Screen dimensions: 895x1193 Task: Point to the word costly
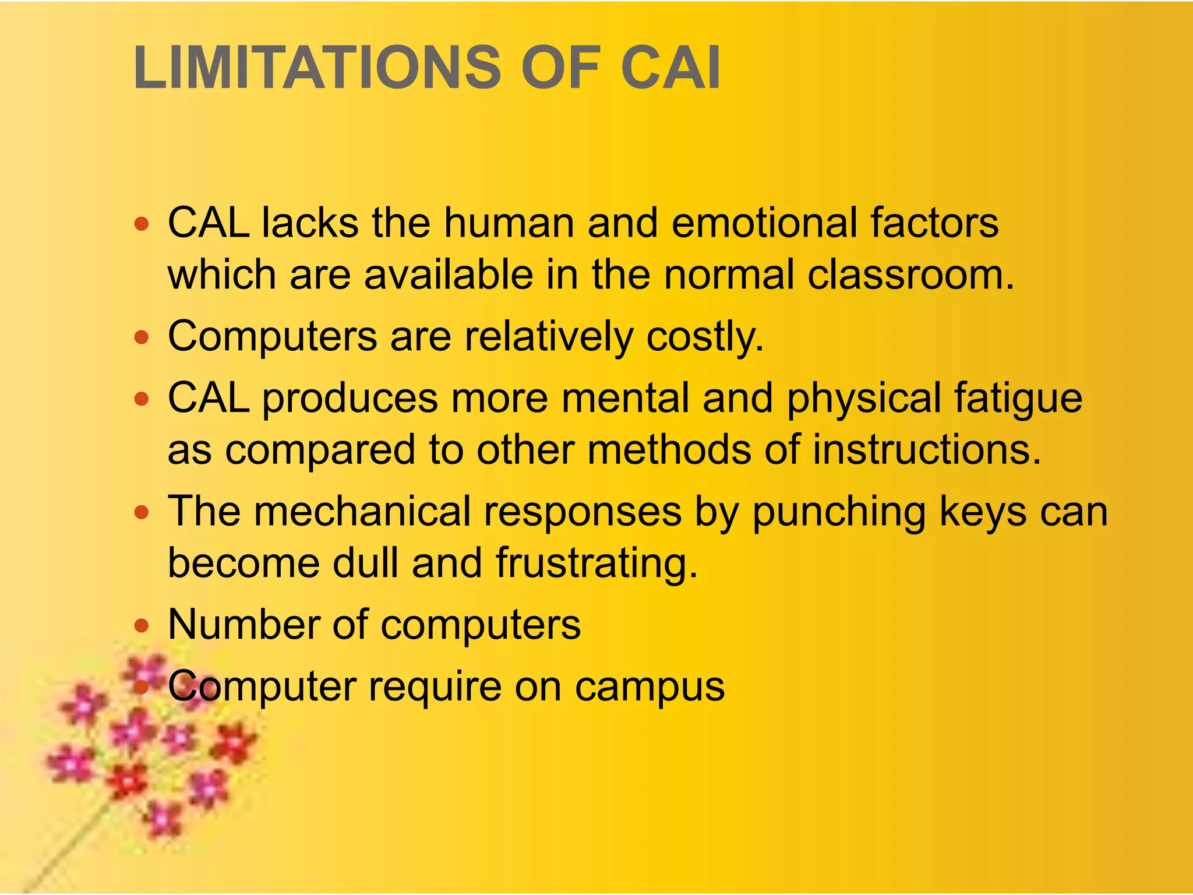click(705, 337)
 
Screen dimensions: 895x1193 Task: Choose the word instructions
click(926, 450)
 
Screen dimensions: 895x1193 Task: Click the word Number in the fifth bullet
click(243, 625)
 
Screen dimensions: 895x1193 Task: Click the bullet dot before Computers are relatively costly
click(142, 337)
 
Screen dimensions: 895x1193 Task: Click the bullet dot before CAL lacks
click(142, 224)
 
